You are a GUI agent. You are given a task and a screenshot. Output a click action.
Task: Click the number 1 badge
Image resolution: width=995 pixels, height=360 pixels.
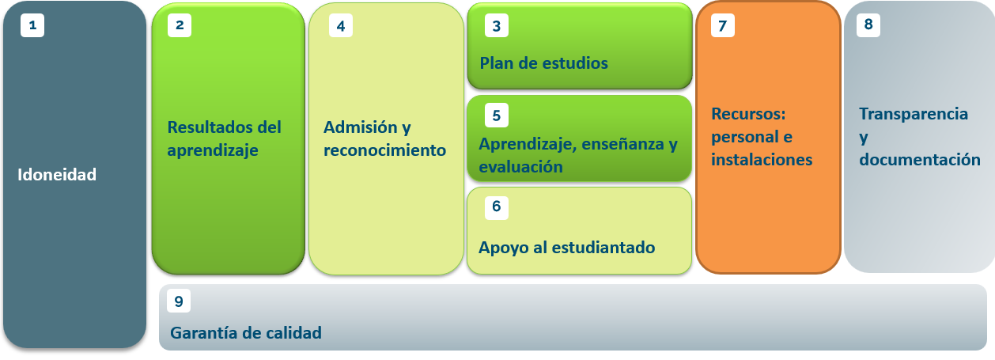pos(32,25)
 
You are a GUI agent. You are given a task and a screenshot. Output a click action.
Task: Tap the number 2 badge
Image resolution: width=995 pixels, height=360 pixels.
pos(180,25)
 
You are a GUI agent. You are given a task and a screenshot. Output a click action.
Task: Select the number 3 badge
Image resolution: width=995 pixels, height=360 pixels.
pos(497,26)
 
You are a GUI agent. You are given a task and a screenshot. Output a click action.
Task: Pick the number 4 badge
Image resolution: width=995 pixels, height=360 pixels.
pos(341,26)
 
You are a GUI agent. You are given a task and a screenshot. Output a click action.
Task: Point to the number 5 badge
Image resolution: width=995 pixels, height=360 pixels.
pos(497,116)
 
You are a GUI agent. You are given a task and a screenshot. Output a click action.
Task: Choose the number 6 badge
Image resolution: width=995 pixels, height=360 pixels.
pos(497,207)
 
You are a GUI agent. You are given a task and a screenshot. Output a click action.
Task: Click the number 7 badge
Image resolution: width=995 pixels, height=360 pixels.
pos(723,25)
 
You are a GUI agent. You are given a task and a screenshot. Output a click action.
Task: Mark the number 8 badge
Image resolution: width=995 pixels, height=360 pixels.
pos(868,25)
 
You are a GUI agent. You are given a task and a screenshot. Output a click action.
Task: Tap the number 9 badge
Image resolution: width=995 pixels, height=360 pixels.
pos(179,301)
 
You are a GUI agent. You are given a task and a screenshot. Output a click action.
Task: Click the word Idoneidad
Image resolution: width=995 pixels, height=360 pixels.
pos(57,175)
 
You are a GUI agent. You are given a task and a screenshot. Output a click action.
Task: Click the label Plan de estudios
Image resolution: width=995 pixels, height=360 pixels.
pos(543,63)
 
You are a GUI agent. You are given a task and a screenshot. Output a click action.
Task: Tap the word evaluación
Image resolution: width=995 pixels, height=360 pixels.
pos(520,167)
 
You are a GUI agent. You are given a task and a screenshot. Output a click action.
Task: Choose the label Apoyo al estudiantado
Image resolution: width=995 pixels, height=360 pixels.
pos(567,248)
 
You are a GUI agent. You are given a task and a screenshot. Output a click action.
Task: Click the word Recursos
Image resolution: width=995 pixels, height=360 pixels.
pos(748,114)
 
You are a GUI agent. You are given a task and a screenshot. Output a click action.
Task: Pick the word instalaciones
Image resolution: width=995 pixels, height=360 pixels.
pos(762,160)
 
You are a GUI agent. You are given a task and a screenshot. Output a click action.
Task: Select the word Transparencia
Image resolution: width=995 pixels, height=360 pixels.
pos(914,114)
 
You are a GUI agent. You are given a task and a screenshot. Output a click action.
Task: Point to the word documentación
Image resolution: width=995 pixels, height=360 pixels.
pos(920,160)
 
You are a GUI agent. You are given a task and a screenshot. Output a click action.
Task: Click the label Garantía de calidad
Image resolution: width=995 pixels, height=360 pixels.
pos(246,333)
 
